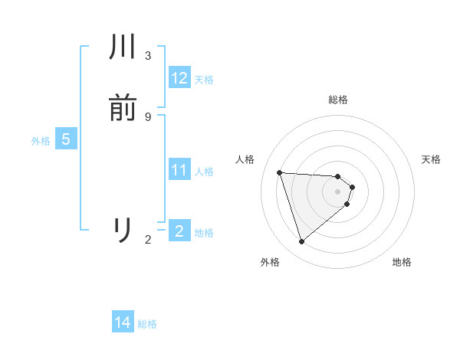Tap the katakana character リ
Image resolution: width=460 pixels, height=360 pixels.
[123, 230]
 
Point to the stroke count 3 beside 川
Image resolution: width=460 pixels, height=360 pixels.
[148, 56]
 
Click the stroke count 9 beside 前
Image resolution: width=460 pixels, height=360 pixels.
[148, 116]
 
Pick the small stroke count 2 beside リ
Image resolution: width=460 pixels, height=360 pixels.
[148, 240]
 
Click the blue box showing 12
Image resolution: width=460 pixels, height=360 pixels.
[179, 77]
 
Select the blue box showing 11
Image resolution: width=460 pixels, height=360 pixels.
[179, 169]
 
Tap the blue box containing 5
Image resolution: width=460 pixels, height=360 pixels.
[65, 139]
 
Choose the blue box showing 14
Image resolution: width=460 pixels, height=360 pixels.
[123, 322]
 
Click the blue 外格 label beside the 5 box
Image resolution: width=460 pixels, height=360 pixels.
[41, 141]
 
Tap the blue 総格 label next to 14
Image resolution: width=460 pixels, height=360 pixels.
[147, 324]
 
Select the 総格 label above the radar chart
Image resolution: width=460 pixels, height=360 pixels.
[338, 100]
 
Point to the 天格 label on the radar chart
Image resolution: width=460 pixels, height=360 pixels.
[431, 159]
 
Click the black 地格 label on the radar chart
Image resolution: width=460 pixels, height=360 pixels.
[402, 262]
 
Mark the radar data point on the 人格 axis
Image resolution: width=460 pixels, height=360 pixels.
[280, 172]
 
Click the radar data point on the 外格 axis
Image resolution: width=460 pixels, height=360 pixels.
[301, 242]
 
